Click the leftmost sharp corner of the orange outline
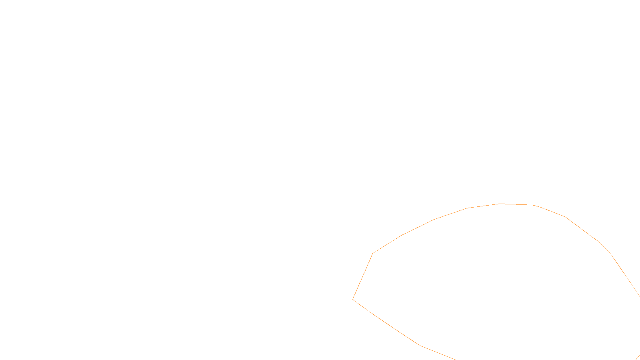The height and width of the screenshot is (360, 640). pos(353,299)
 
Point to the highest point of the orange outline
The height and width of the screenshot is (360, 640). pos(500,204)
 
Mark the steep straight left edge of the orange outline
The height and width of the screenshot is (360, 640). pos(363,276)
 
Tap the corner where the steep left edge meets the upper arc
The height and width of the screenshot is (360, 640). pos(373,253)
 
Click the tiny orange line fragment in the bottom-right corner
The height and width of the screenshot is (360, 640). pos(638,357)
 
